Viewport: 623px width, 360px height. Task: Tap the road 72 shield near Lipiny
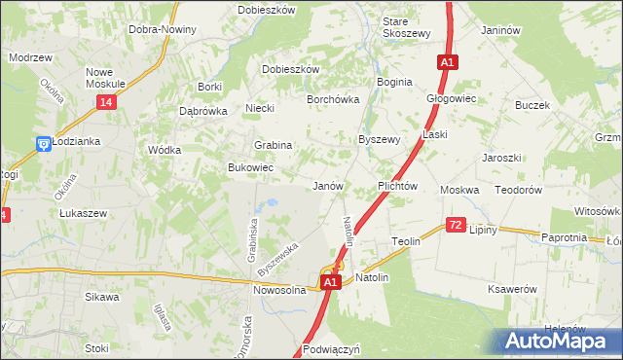pyautogui.click(x=456, y=225)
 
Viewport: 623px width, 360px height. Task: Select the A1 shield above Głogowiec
pyautogui.click(x=447, y=62)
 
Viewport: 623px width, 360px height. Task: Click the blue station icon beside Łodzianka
pyautogui.click(x=43, y=144)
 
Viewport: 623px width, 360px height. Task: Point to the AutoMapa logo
pyautogui.click(x=557, y=342)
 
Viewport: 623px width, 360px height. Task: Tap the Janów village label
pyautogui.click(x=328, y=185)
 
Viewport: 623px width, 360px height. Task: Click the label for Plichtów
pyautogui.click(x=397, y=186)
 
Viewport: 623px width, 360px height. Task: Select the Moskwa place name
pyautogui.click(x=459, y=190)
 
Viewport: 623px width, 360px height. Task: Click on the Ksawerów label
pyautogui.click(x=513, y=289)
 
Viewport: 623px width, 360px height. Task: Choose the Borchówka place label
pyautogui.click(x=334, y=99)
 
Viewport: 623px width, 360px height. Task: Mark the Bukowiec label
pyautogui.click(x=250, y=168)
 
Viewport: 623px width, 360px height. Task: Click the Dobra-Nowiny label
pyautogui.click(x=163, y=29)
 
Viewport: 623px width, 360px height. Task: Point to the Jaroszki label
pyautogui.click(x=502, y=157)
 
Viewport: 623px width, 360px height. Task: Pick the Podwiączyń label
pyautogui.click(x=332, y=348)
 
